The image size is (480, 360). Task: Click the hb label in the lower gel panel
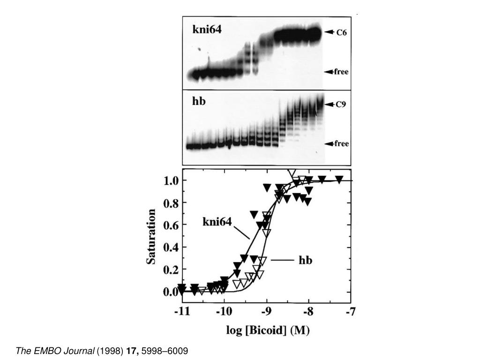199,101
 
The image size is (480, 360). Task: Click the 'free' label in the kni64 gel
341,72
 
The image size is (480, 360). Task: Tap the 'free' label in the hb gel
341,143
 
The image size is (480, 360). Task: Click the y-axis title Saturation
152,237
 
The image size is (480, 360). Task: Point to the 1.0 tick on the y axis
170,181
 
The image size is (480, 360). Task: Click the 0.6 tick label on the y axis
170,225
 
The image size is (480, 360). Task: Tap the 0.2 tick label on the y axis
170,270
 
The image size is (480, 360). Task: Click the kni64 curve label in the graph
217,221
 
